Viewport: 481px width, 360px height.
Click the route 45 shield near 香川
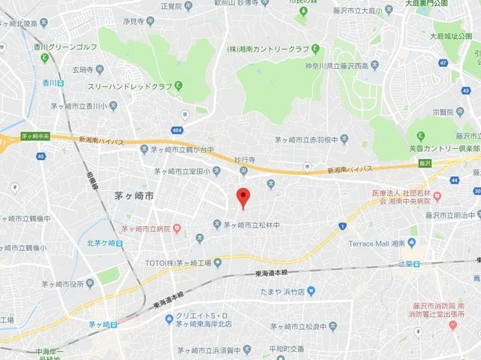(x=40, y=156)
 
